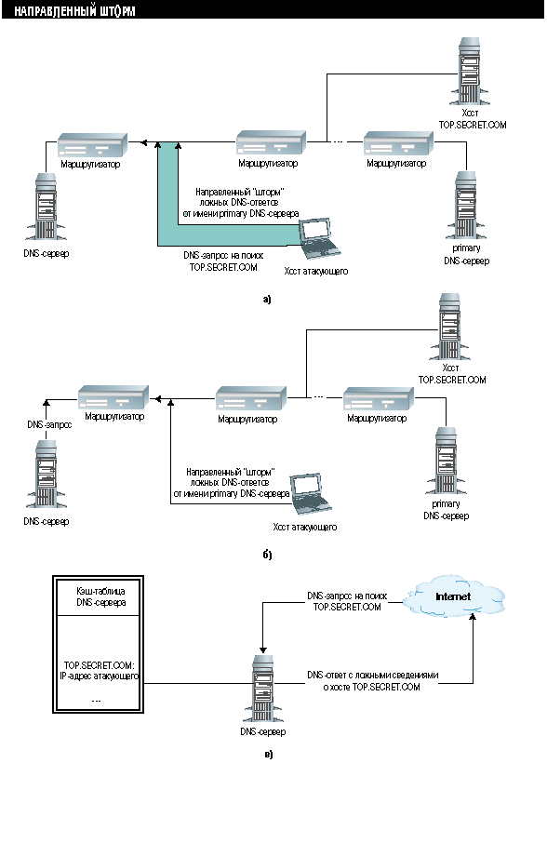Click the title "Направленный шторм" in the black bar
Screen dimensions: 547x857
(74, 11)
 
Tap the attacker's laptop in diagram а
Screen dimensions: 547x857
(320, 238)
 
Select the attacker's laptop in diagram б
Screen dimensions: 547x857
(311, 494)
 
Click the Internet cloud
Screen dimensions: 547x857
(454, 596)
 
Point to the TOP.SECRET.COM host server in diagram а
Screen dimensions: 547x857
(470, 71)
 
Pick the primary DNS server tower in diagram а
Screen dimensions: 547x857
(465, 206)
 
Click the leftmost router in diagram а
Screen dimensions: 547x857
(93, 145)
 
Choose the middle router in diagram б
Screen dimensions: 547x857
(251, 399)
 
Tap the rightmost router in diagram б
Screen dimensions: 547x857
(379, 399)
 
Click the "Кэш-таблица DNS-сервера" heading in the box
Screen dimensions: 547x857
(101, 596)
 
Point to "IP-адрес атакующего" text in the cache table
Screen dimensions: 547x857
(99, 676)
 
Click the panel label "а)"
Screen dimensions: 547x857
(267, 299)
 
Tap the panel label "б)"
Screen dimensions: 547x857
(267, 555)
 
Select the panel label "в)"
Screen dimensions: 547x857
(268, 755)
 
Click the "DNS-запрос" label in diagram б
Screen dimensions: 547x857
(49, 424)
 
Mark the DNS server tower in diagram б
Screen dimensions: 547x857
(47, 475)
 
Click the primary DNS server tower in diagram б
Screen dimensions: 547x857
(446, 461)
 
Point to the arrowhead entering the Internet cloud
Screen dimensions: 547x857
(474, 617)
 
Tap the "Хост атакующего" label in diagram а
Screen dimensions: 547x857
(316, 271)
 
